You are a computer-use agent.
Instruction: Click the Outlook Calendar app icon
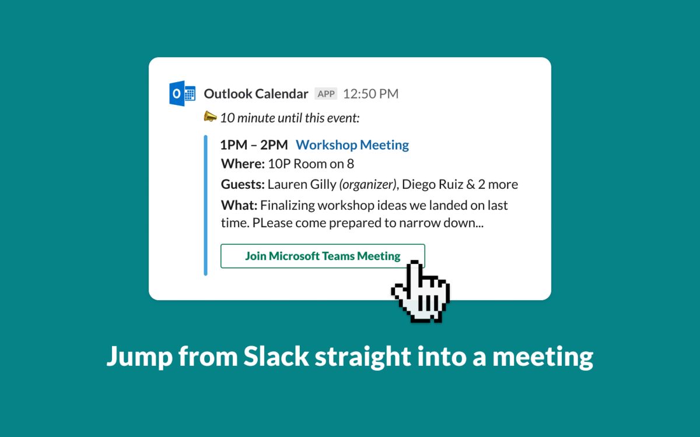182,94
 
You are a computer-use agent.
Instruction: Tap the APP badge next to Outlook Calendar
326,94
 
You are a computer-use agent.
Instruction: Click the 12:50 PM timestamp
370,94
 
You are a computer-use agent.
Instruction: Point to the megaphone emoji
210,117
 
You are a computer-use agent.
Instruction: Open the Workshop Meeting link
352,145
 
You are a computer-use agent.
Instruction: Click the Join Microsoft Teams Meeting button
323,256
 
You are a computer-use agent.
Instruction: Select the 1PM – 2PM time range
254,145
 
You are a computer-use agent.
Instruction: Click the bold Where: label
243,164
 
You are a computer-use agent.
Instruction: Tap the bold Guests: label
243,185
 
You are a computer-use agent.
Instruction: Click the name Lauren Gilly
302,185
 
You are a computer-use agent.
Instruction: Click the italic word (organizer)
367,185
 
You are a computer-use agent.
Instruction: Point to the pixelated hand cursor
420,291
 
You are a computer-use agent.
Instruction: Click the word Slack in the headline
276,357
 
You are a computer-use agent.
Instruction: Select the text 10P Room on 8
311,164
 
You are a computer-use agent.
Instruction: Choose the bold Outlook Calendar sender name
256,94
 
